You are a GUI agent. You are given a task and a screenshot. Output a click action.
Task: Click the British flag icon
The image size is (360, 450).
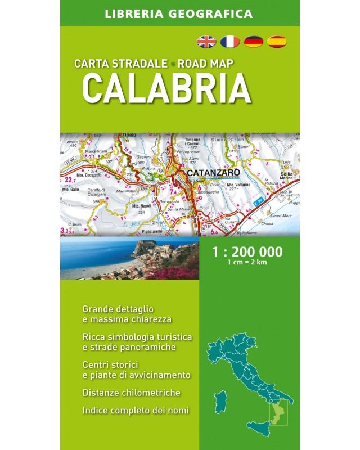[x=206, y=40]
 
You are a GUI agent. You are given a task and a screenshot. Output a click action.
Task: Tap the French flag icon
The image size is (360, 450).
[x=229, y=40]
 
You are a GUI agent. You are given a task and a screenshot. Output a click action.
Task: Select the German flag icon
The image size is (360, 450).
[x=254, y=40]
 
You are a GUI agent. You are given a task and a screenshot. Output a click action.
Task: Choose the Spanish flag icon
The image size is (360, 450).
[x=277, y=40]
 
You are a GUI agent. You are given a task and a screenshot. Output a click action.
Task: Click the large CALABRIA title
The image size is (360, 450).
[x=166, y=87]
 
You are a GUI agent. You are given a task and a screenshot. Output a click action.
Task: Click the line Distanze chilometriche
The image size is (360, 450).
[x=131, y=393]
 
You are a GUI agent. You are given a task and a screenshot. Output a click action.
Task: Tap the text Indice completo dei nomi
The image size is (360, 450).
[x=136, y=410]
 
